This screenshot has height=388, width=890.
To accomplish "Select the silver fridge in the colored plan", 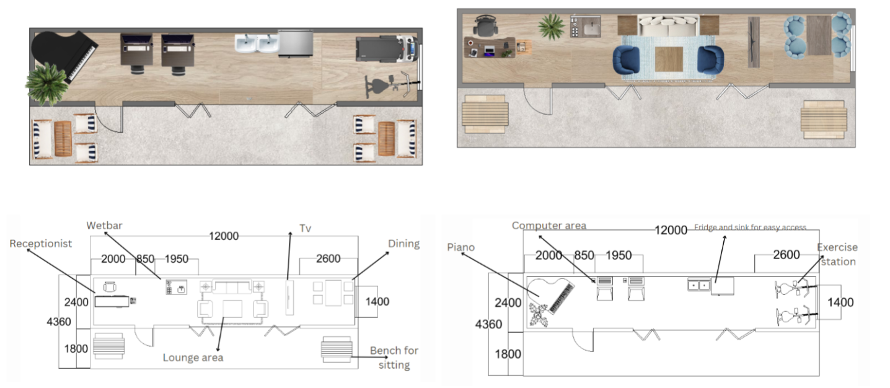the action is [296, 43].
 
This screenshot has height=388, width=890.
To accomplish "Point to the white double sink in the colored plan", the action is [257, 43].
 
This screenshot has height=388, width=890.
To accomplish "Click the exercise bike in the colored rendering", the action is [391, 85].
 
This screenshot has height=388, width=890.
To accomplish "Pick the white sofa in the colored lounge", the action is [669, 26].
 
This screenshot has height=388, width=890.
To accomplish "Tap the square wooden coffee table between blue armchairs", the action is [669, 60].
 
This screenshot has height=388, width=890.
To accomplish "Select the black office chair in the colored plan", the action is [485, 25].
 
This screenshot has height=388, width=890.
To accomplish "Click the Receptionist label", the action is [41, 244].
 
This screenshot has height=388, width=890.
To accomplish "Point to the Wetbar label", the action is [105, 226].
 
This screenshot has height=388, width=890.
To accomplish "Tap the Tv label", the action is [305, 228].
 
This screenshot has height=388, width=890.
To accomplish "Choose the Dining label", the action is [403, 244].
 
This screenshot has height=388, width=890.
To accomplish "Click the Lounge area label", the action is [193, 358].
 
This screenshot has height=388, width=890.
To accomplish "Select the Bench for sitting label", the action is [394, 358].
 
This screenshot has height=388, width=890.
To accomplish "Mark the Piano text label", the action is [461, 247].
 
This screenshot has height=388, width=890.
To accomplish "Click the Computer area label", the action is [549, 226].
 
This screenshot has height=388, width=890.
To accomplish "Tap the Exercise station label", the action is [837, 254].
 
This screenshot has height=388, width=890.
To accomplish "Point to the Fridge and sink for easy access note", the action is [750, 227].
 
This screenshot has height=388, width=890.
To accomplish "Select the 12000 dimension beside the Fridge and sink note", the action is [671, 230].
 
